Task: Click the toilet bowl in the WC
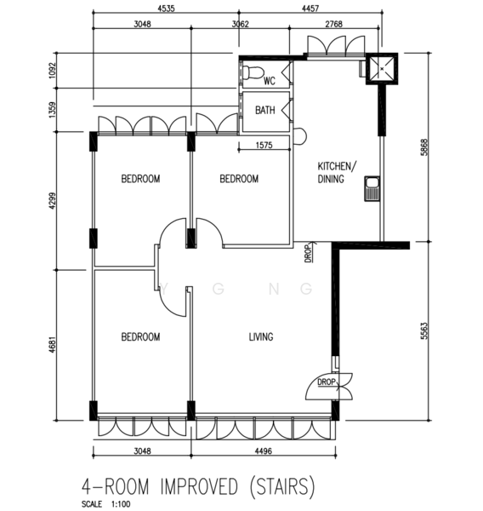click(253, 73)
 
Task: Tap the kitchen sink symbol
click(372, 189)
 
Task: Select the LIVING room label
click(261, 336)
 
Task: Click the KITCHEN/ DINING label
click(337, 172)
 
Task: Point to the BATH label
click(265, 110)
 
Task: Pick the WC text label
click(270, 81)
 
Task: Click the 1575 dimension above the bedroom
click(264, 145)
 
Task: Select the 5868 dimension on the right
click(424, 147)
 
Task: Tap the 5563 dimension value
click(424, 330)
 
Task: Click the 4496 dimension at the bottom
click(263, 451)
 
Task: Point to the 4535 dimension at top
click(166, 9)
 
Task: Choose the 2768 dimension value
click(334, 24)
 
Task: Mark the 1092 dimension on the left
click(52, 71)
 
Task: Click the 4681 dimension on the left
click(52, 345)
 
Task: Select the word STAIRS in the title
click(282, 486)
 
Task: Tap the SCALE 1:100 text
click(105, 504)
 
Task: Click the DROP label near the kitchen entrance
click(308, 253)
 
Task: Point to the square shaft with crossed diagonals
click(382, 69)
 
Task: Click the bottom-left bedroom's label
click(140, 336)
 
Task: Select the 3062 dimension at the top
click(240, 24)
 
